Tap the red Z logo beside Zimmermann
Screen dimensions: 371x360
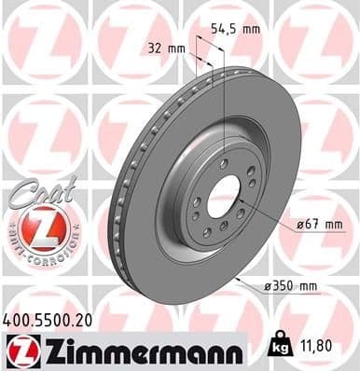point(17,350)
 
